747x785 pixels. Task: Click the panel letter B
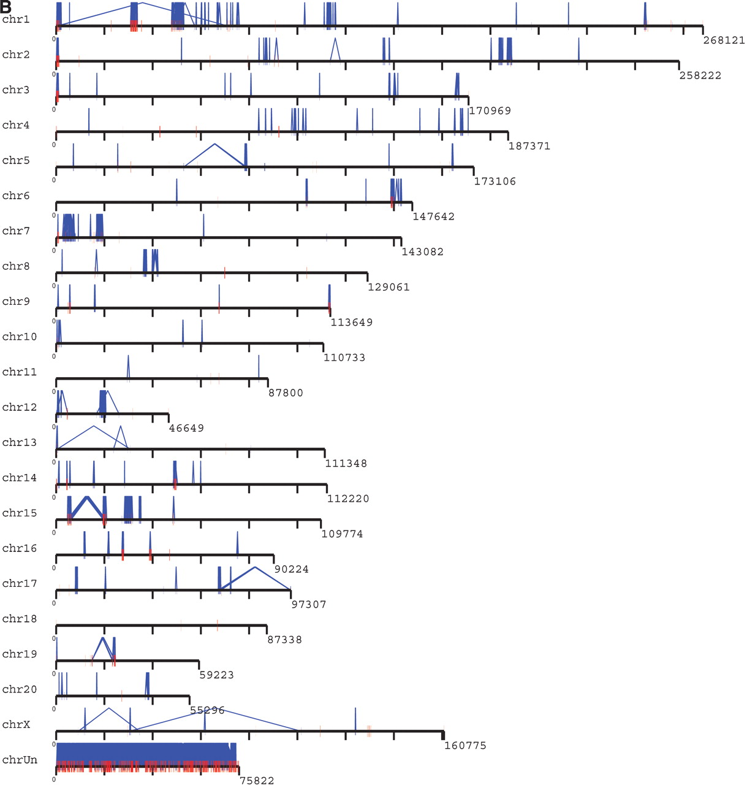[6, 6]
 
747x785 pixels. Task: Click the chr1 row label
[16, 20]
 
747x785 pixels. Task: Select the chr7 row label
[16, 231]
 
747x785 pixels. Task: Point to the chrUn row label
[20, 760]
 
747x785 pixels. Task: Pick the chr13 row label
[20, 443]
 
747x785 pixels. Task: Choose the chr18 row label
[20, 619]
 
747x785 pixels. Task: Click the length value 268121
[724, 40]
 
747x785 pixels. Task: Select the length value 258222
[700, 76]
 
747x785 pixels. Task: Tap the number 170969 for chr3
[490, 111]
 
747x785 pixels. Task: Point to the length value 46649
[186, 428]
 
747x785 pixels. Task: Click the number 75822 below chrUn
[257, 780]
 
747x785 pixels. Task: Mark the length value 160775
[465, 746]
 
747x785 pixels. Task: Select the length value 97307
[308, 605]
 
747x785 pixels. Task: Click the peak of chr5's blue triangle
[214, 144]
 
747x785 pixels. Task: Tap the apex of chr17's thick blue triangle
[255, 567]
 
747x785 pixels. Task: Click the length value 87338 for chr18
[284, 640]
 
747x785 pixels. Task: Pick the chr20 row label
[20, 689]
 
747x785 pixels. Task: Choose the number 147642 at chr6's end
[433, 216]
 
